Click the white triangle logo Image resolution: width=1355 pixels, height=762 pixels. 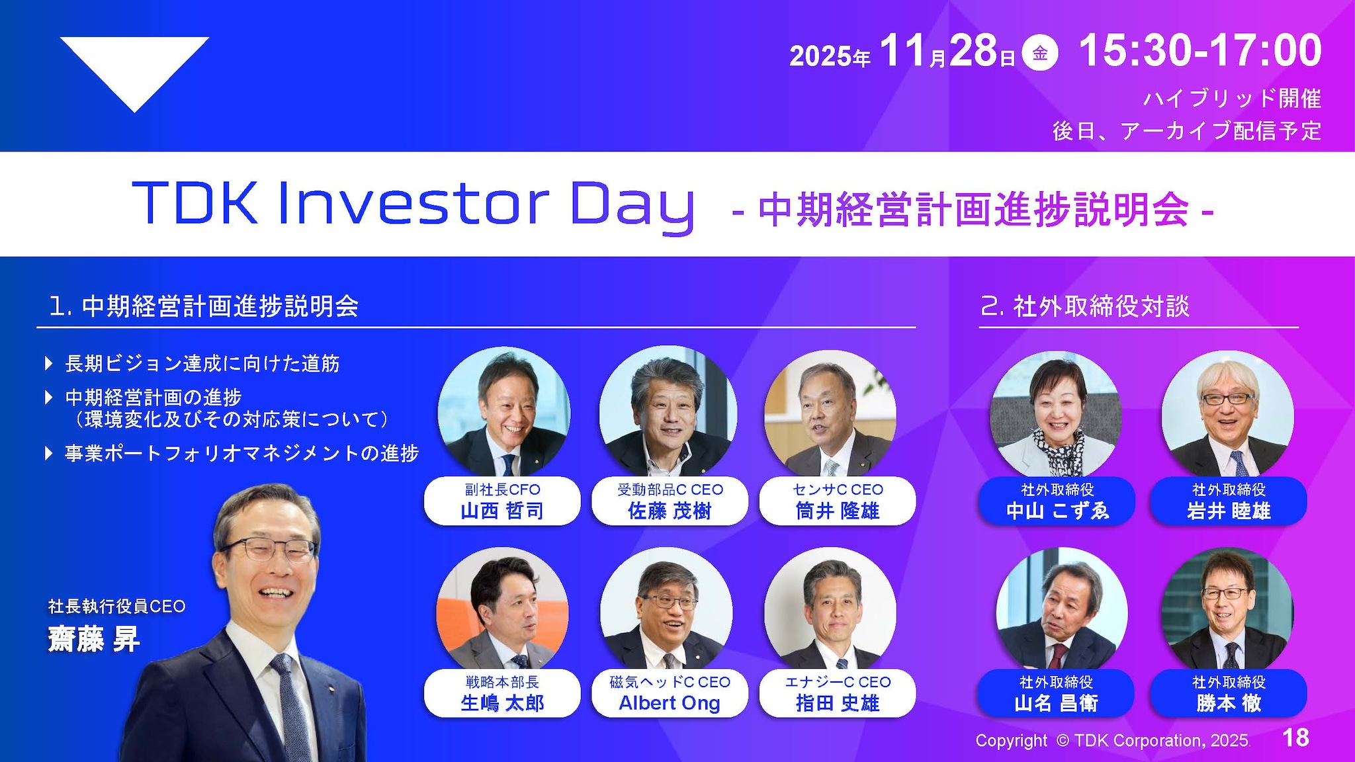[x=134, y=69]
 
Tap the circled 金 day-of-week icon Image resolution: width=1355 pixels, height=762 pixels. [x=1039, y=54]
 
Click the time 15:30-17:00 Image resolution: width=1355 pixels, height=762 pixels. [x=1200, y=51]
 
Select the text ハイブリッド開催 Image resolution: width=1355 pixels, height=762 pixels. [x=1232, y=99]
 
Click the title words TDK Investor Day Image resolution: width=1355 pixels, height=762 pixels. [x=413, y=203]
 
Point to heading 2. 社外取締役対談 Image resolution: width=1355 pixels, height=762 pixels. [x=1085, y=306]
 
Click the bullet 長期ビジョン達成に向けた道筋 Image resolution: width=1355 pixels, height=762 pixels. [x=202, y=363]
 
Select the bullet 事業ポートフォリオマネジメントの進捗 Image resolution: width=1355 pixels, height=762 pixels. [x=241, y=453]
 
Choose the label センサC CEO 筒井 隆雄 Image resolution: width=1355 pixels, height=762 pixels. [x=838, y=501]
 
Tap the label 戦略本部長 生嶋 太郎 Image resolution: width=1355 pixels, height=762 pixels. [x=502, y=693]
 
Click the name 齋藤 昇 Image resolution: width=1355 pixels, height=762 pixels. [x=94, y=640]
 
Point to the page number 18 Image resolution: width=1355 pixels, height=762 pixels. [x=1295, y=738]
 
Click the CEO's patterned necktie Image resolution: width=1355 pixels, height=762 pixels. [x=292, y=708]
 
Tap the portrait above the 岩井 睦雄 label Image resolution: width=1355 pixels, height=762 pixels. [x=1227, y=413]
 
